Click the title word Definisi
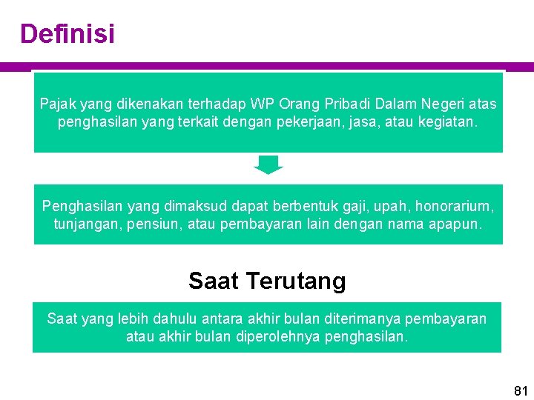coord(67,34)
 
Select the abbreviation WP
coord(263,104)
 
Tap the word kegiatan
coord(447,121)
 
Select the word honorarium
coord(454,204)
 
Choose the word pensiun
coord(148,222)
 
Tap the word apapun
coord(455,222)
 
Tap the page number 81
coord(521,391)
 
